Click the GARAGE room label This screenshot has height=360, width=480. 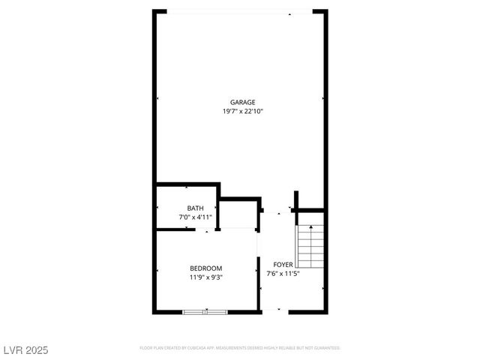242,103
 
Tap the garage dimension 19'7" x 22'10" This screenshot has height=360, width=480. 242,111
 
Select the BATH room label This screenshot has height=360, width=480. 195,208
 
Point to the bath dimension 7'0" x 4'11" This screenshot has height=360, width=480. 195,217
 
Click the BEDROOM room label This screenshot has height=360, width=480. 205,268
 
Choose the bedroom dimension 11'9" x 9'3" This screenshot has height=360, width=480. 205,277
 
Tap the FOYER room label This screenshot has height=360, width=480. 282,265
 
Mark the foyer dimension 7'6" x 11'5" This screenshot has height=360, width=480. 282,273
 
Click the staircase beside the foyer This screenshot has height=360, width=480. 310,247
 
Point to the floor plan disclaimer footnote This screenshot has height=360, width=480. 240,348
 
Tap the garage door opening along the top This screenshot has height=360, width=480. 240,11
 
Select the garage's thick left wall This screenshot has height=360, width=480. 155,97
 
